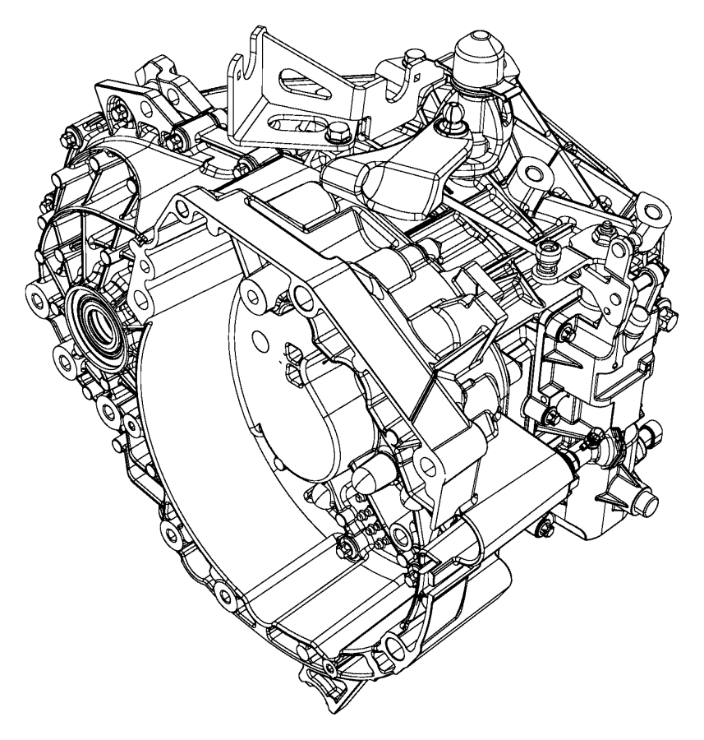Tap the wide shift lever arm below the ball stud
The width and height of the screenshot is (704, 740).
[394, 178]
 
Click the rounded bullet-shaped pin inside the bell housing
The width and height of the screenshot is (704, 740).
[367, 477]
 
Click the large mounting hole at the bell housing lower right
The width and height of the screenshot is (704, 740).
[400, 536]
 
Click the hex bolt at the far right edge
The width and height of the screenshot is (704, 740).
[652, 430]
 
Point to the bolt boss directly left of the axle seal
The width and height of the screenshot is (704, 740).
[40, 293]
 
